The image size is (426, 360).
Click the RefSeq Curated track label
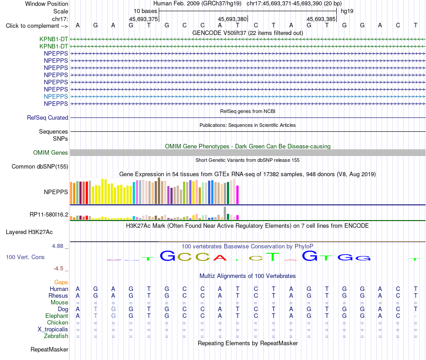[48, 117]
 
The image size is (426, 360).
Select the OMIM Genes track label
[51, 153]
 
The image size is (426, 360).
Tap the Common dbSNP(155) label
[40, 167]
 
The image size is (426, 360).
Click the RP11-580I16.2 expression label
[49, 215]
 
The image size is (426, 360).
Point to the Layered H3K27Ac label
[29, 232]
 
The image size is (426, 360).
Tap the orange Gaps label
[61, 282]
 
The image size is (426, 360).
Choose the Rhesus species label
[58, 295]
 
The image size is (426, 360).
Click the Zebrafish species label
[56, 336]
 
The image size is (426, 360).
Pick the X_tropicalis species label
[53, 330]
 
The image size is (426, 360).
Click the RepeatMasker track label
[49, 349]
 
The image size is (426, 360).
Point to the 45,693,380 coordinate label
[232, 19]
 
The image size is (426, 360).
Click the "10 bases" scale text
[145, 11]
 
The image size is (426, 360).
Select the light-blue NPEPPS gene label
[56, 96]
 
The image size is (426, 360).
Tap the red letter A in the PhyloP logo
[220, 258]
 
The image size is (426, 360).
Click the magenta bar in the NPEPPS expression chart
[238, 195]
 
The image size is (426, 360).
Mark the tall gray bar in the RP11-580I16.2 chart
[225, 213]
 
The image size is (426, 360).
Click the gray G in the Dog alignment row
[113, 309]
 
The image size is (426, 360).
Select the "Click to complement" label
[37, 26]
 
